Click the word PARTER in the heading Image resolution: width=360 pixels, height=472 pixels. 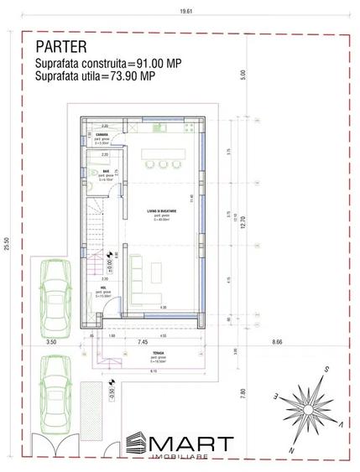(60, 47)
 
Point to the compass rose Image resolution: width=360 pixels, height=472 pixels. (309, 402)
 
